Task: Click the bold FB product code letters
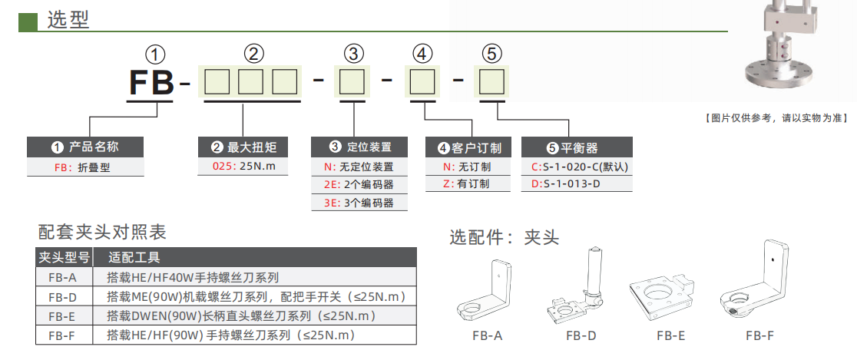coord(151,82)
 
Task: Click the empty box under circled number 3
coord(352,82)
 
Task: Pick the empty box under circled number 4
coord(422,82)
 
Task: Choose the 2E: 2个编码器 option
coord(359,184)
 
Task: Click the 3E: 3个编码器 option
coord(359,203)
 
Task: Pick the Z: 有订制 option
coord(468,184)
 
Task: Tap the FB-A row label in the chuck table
coord(62,278)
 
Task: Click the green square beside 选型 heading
coord(28,21)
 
